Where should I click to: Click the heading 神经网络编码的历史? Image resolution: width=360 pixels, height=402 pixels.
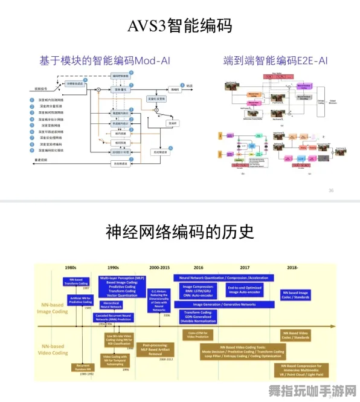coord(179,232)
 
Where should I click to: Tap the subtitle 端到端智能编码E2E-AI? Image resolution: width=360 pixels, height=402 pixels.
coord(275,60)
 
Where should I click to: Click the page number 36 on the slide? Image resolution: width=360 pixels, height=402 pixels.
coord(330,190)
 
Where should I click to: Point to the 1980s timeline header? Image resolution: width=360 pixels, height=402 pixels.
coord(71,267)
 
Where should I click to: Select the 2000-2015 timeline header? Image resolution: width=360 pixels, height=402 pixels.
coord(159,267)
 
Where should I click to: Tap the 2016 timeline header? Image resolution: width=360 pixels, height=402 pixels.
coord(199,267)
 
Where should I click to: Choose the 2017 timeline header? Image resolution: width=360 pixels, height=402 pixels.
coord(244,267)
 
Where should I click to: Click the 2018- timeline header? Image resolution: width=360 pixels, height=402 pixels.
coord(294,267)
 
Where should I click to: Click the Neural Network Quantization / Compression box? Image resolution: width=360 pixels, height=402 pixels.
coord(224,278)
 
